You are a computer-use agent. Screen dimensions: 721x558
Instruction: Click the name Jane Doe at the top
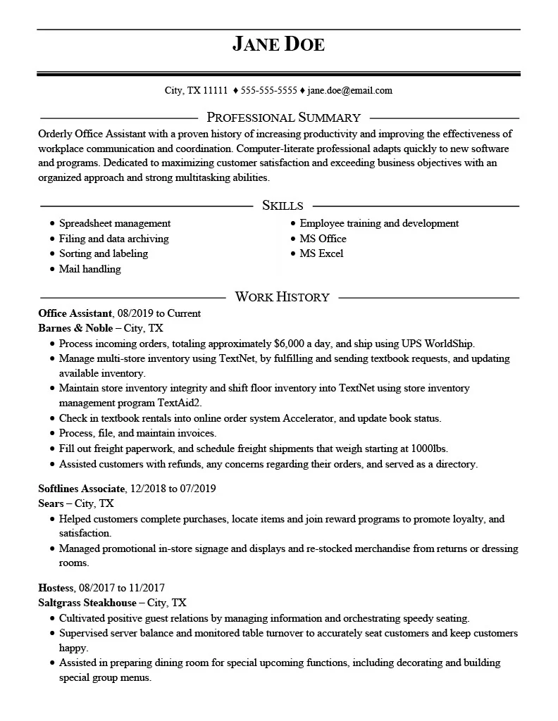point(278,44)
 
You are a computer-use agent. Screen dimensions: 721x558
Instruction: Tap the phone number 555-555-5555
point(268,90)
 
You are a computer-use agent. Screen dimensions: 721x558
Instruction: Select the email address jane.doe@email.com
point(350,90)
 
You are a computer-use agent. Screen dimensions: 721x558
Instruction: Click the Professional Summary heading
point(283,118)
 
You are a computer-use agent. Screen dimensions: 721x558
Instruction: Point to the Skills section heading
point(283,206)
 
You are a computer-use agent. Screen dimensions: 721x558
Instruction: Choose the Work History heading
point(282,296)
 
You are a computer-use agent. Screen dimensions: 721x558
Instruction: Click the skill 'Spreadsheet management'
point(115,223)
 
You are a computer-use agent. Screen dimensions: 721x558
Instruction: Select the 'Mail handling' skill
point(89,269)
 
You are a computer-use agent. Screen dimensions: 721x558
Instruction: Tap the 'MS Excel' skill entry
point(321,253)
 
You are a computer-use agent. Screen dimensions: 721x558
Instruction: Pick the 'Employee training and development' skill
point(379,223)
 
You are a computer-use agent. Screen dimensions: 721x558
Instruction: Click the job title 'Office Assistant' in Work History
point(75,313)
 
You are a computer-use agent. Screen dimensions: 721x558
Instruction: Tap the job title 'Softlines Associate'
point(82,488)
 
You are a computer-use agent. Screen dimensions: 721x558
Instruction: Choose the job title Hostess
point(56,587)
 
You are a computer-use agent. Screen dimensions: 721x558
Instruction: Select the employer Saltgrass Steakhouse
point(87,603)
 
